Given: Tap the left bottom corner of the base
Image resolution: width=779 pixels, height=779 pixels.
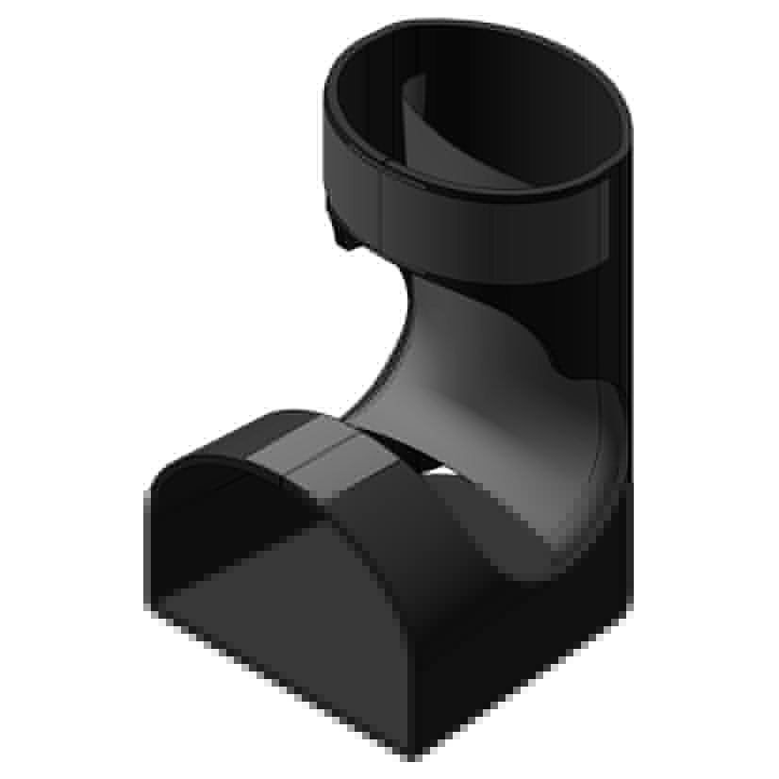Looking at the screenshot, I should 151,613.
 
